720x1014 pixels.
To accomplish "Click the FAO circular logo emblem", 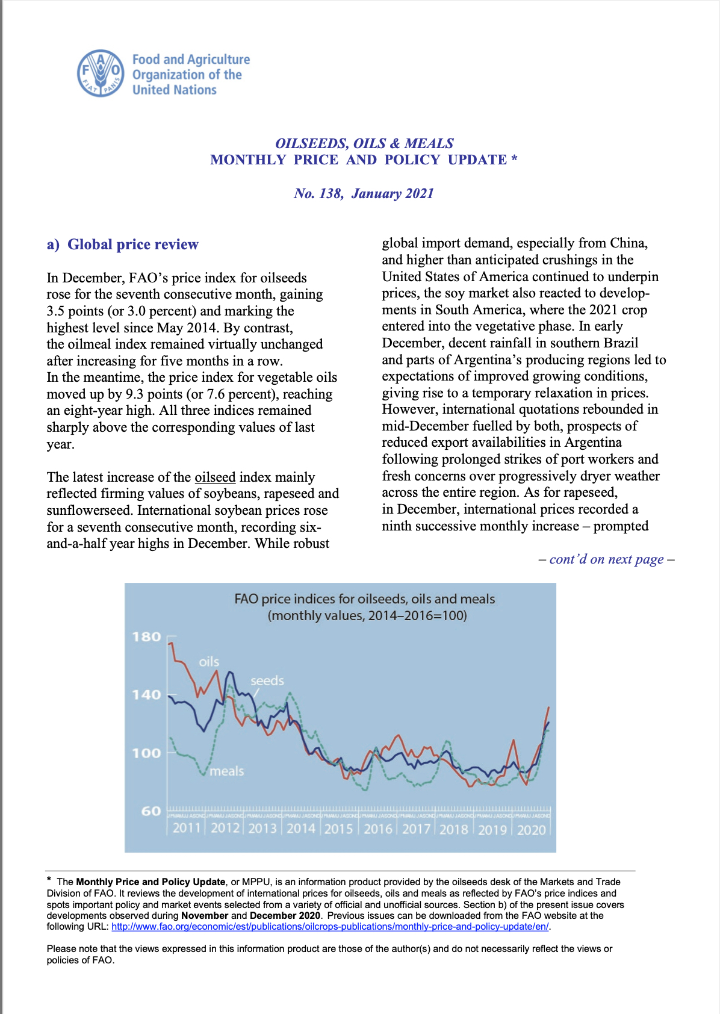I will pos(101,73).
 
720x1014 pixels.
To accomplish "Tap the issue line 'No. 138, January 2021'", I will pos(364,193).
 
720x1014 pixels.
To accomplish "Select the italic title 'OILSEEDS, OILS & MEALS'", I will pos(364,143).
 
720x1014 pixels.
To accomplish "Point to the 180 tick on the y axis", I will pos(147,637).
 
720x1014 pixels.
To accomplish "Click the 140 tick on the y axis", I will pos(147,695).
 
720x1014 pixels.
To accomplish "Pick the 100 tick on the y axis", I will pos(147,753).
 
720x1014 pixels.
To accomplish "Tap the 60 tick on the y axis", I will pos(151,811).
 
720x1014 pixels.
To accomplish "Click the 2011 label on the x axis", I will pos(187,829).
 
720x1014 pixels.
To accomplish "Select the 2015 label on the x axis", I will pos(339,829).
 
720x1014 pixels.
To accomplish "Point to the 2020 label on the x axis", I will pos(532,830).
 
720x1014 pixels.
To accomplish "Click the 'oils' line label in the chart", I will pos(209,662).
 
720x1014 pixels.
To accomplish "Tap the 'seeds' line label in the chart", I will pos(267,681).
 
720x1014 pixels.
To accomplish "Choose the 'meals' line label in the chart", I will pos(227,771).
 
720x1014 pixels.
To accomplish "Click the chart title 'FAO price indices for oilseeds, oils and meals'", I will pos(364,599).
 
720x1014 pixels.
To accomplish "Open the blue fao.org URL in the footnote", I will pos(330,927).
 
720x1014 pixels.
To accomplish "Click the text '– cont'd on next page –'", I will pos(606,559).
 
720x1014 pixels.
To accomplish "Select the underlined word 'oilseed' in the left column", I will pos(215,477).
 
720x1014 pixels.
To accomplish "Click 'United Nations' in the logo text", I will pos(175,90).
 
